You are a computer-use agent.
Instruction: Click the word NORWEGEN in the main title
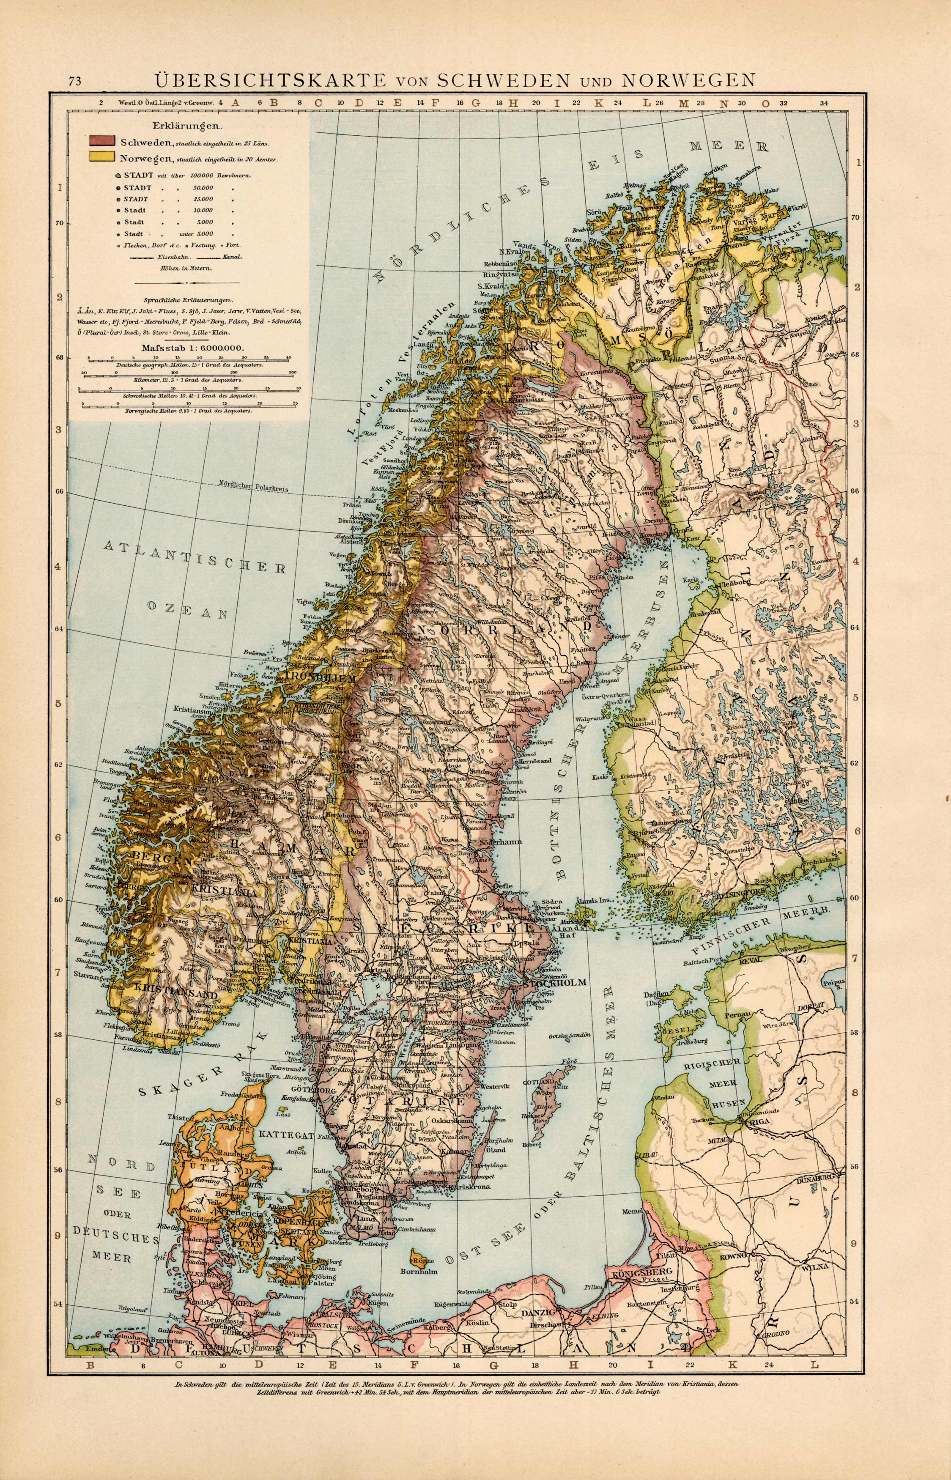pyautogui.click(x=688, y=80)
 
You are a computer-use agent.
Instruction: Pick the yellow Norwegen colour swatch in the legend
pyautogui.click(x=102, y=156)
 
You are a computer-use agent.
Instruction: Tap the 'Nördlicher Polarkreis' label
pyautogui.click(x=254, y=487)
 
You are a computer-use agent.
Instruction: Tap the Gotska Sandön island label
pyautogui.click(x=569, y=1035)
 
